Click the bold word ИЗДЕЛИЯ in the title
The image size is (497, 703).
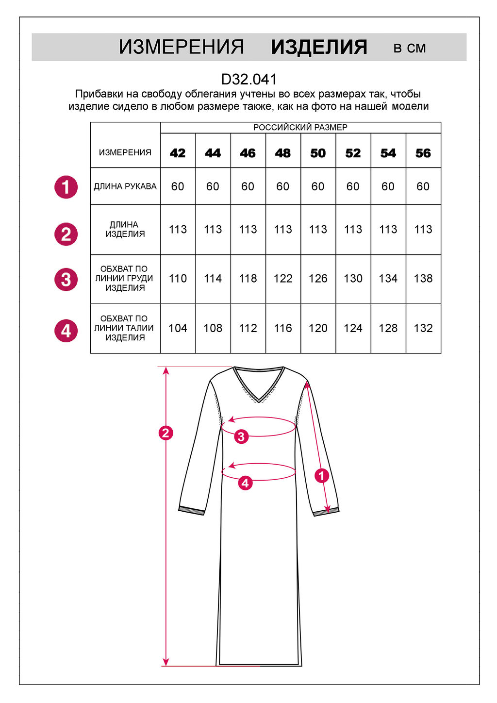[x=319, y=48]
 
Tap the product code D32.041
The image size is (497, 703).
[x=249, y=80]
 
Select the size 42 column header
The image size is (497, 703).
[x=178, y=153]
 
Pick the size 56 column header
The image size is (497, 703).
[x=423, y=153]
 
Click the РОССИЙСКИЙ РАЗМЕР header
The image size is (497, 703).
[x=300, y=127]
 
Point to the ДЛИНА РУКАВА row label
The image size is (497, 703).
[x=125, y=186]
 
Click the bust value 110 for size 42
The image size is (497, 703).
[x=178, y=278]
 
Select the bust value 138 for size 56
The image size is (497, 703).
[x=423, y=278]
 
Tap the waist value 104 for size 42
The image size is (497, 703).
[x=178, y=328]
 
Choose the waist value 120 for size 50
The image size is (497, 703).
[x=318, y=328]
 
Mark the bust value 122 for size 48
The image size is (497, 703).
[x=283, y=278]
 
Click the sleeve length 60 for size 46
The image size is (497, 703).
[x=248, y=186]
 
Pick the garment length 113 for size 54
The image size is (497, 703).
[x=388, y=230]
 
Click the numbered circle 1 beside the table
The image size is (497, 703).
[x=66, y=187]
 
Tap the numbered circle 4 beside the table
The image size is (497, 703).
[x=66, y=331]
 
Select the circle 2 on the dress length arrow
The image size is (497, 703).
[x=166, y=433]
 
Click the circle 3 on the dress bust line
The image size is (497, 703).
[x=241, y=436]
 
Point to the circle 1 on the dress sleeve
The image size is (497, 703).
[x=322, y=476]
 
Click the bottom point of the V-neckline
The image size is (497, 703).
[x=259, y=402]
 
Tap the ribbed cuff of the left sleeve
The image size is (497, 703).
[x=191, y=511]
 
